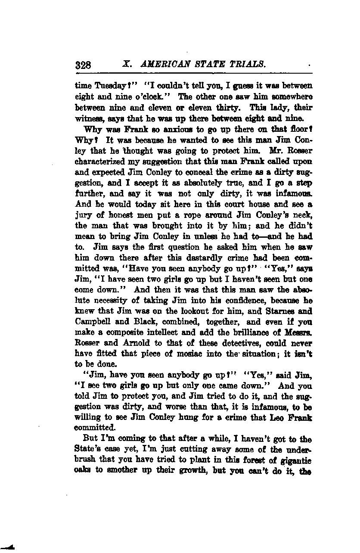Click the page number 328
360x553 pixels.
[84, 65]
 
